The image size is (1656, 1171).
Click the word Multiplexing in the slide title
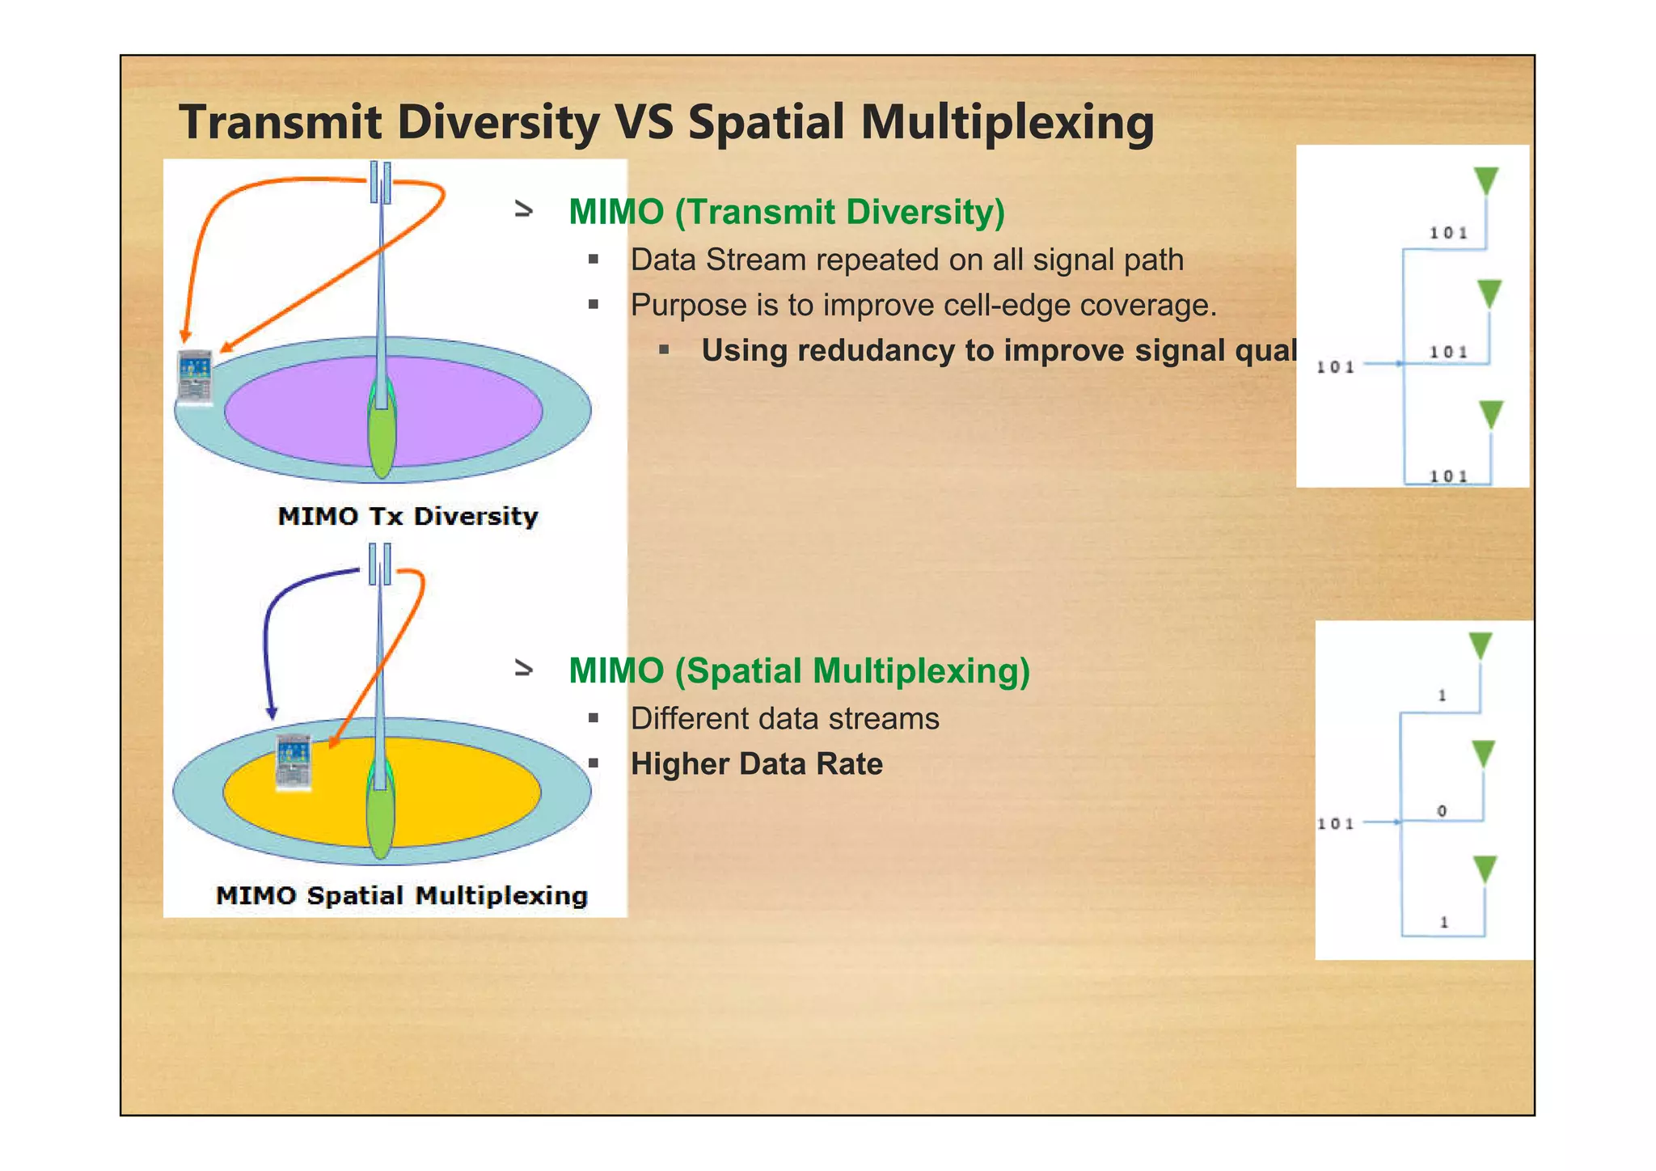[1007, 123]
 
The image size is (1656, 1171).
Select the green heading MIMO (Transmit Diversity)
[786, 212]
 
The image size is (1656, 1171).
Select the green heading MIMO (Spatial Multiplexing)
[799, 671]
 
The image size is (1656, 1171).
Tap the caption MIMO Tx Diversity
[408, 516]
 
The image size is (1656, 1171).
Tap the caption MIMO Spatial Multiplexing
[402, 895]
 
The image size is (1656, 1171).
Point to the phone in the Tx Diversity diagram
[195, 376]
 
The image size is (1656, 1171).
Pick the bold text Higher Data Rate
[756, 764]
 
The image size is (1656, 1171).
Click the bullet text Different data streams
[784, 719]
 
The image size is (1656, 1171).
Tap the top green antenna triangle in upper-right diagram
[1486, 180]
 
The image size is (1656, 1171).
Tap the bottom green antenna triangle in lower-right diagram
[1485, 869]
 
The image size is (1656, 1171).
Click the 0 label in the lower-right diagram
[1442, 810]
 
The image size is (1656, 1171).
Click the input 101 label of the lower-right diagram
[1335, 823]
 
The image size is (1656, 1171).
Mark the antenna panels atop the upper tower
[381, 181]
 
